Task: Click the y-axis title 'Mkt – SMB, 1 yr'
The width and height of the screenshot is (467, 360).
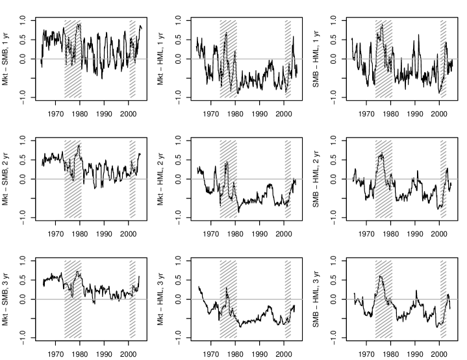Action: [x=5, y=59]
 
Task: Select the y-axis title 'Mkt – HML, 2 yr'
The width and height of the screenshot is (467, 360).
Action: [x=160, y=179]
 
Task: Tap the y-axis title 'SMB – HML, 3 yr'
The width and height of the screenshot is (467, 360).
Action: [x=316, y=299]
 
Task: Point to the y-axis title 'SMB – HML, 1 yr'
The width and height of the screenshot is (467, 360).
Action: [x=316, y=59]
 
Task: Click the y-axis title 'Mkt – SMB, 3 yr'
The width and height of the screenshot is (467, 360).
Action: [x=5, y=299]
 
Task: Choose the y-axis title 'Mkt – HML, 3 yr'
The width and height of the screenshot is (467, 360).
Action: [x=160, y=299]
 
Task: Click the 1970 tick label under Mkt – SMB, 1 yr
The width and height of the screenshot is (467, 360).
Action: [x=55, y=114]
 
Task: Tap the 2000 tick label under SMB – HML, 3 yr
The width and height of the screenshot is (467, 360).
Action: [x=439, y=354]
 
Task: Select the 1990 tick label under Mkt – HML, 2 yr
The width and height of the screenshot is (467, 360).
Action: [x=259, y=234]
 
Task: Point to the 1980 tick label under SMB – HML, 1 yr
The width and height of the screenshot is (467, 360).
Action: [x=390, y=114]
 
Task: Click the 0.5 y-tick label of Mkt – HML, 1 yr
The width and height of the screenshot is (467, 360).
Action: [x=178, y=40]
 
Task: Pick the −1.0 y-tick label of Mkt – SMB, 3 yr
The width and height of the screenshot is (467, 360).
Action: [x=23, y=339]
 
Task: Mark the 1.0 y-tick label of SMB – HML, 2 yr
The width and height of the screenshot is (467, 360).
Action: [x=333, y=140]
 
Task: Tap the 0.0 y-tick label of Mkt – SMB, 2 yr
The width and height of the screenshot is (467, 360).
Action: [x=23, y=179]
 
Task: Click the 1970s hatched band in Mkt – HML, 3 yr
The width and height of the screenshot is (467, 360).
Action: [x=229, y=299]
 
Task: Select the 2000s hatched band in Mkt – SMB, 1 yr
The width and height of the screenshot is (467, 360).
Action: [x=133, y=59]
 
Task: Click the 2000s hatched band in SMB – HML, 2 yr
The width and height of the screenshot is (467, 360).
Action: [x=443, y=179]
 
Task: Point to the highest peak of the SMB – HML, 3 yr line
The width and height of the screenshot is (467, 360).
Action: [x=380, y=276]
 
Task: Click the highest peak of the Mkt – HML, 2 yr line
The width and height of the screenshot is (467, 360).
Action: [x=227, y=162]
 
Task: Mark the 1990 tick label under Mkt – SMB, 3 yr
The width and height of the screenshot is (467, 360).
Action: [x=104, y=354]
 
